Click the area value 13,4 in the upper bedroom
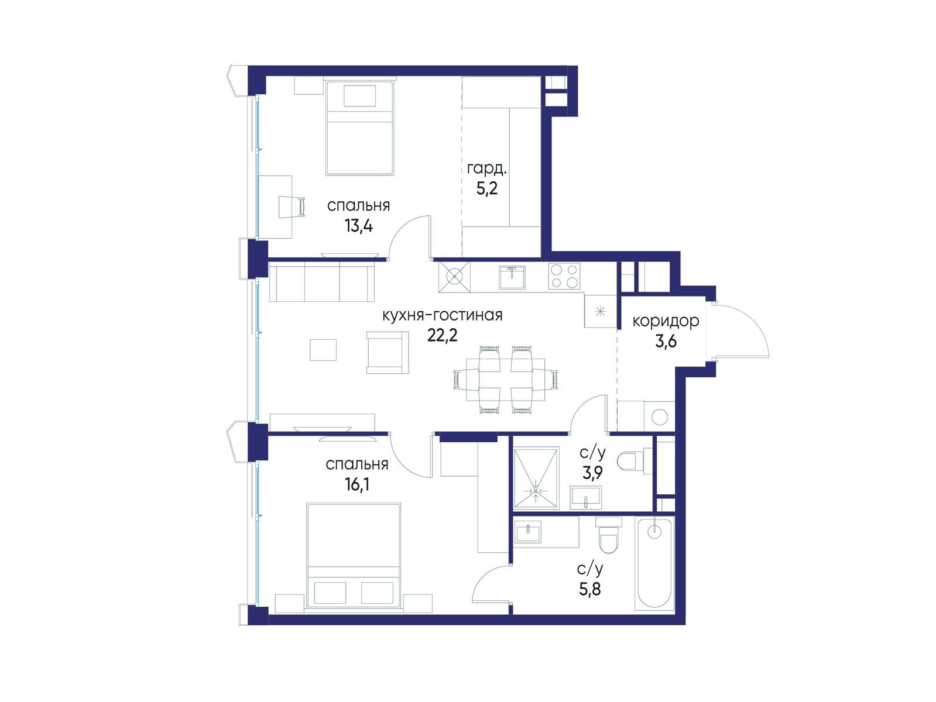click(359, 226)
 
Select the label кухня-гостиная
click(442, 316)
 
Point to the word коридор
click(666, 321)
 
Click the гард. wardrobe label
click(487, 169)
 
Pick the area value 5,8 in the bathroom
click(589, 589)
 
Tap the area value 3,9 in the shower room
click(593, 473)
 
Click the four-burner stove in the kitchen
click(564, 276)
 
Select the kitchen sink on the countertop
click(512, 277)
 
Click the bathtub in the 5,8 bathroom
click(654, 564)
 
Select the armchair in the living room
click(387, 353)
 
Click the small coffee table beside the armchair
click(323, 350)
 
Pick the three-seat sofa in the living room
click(322, 281)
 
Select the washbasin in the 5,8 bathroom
click(528, 532)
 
